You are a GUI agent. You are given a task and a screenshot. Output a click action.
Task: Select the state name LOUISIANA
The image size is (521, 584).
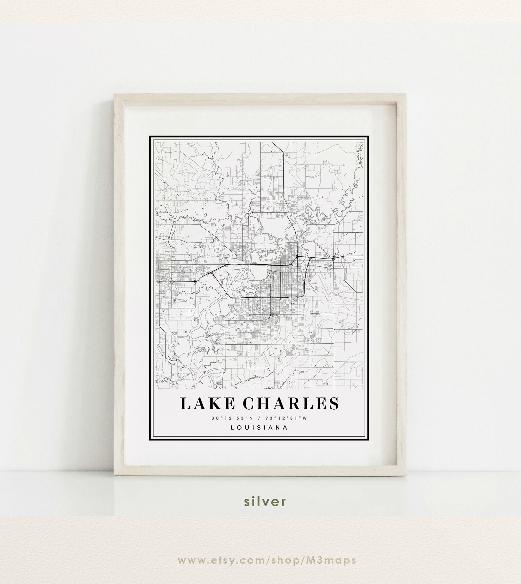pos(259,427)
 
